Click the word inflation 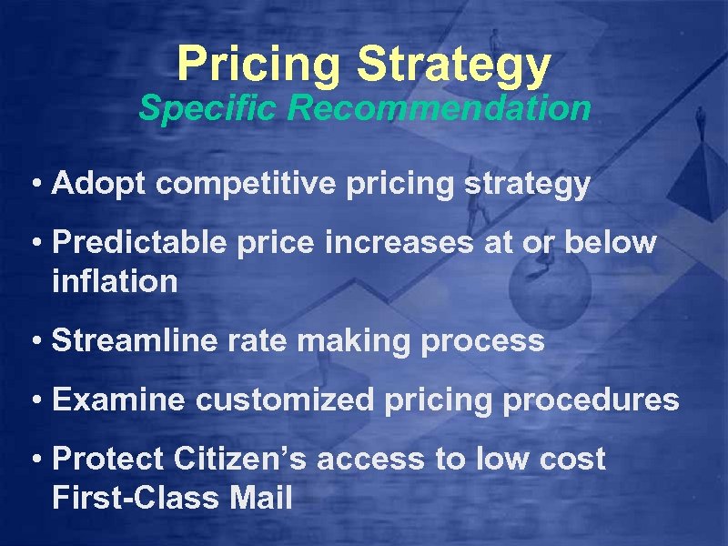pyautogui.click(x=115, y=281)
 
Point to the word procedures pyautogui.click(x=595, y=399)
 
